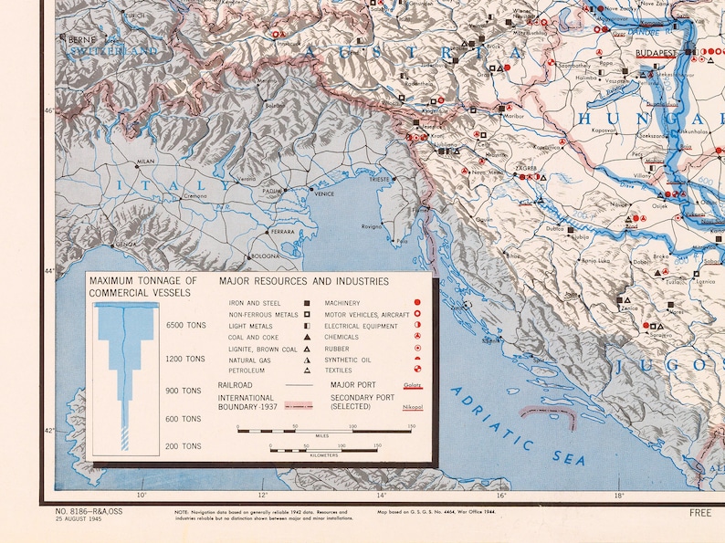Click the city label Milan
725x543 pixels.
point(145,162)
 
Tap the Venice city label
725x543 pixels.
point(324,193)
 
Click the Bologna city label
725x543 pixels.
point(265,256)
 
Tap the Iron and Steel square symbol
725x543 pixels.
point(308,303)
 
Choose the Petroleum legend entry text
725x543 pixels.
point(248,371)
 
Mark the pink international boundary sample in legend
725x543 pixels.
point(306,402)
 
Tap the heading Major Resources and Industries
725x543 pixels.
point(304,281)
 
